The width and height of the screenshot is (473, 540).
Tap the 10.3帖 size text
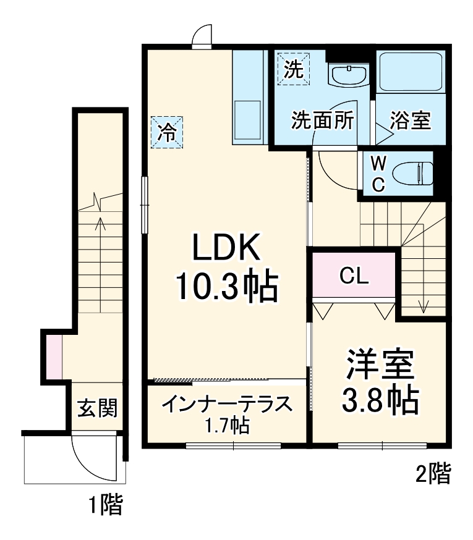click(x=226, y=285)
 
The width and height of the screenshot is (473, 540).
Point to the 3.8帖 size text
click(x=379, y=401)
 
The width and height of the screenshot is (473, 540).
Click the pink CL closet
click(x=354, y=276)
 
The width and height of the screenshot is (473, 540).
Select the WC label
click(x=378, y=174)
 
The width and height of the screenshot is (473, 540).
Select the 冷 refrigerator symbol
click(x=168, y=132)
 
